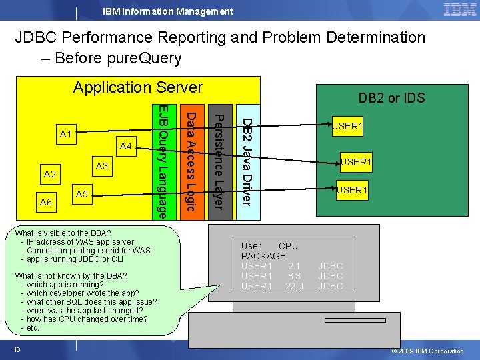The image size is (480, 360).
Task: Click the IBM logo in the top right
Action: tap(459, 10)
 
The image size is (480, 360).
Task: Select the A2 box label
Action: tap(49, 175)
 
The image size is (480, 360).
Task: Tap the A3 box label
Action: tap(101, 165)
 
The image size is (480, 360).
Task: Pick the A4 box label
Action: tap(125, 146)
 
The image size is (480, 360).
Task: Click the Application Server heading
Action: tap(138, 87)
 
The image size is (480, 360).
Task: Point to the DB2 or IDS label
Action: tap(391, 98)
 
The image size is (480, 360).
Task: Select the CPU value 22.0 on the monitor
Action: tap(293, 286)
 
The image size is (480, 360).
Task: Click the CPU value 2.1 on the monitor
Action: tap(294, 266)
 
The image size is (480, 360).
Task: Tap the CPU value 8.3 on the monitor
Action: tap(294, 276)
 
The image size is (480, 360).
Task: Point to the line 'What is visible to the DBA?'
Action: tap(63, 233)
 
